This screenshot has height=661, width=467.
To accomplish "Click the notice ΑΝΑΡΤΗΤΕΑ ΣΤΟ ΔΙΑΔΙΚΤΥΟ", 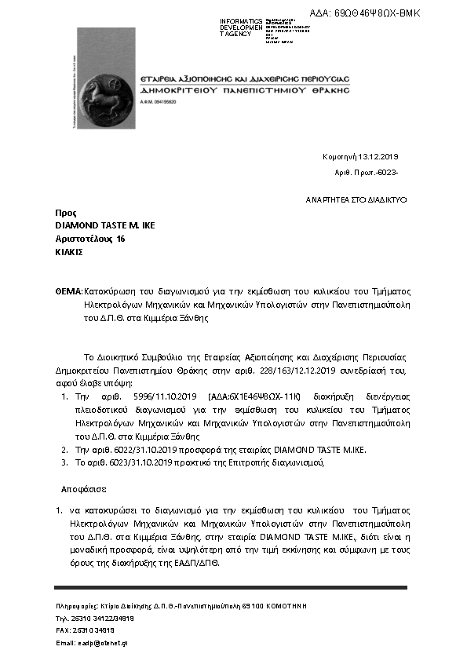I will pyautogui.click(x=356, y=200).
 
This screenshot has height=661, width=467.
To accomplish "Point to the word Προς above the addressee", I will pyautogui.click(x=65, y=213).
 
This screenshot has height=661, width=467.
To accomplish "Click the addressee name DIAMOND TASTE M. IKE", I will pyautogui.click(x=105, y=226).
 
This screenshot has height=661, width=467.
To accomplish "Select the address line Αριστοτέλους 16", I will pyautogui.click(x=90, y=239).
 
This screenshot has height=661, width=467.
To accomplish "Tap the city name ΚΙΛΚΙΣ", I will pyautogui.click(x=69, y=252).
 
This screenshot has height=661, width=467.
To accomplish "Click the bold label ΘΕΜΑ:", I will pyautogui.click(x=68, y=290).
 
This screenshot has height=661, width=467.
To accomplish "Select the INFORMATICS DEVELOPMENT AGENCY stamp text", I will pyautogui.click(x=241, y=28).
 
